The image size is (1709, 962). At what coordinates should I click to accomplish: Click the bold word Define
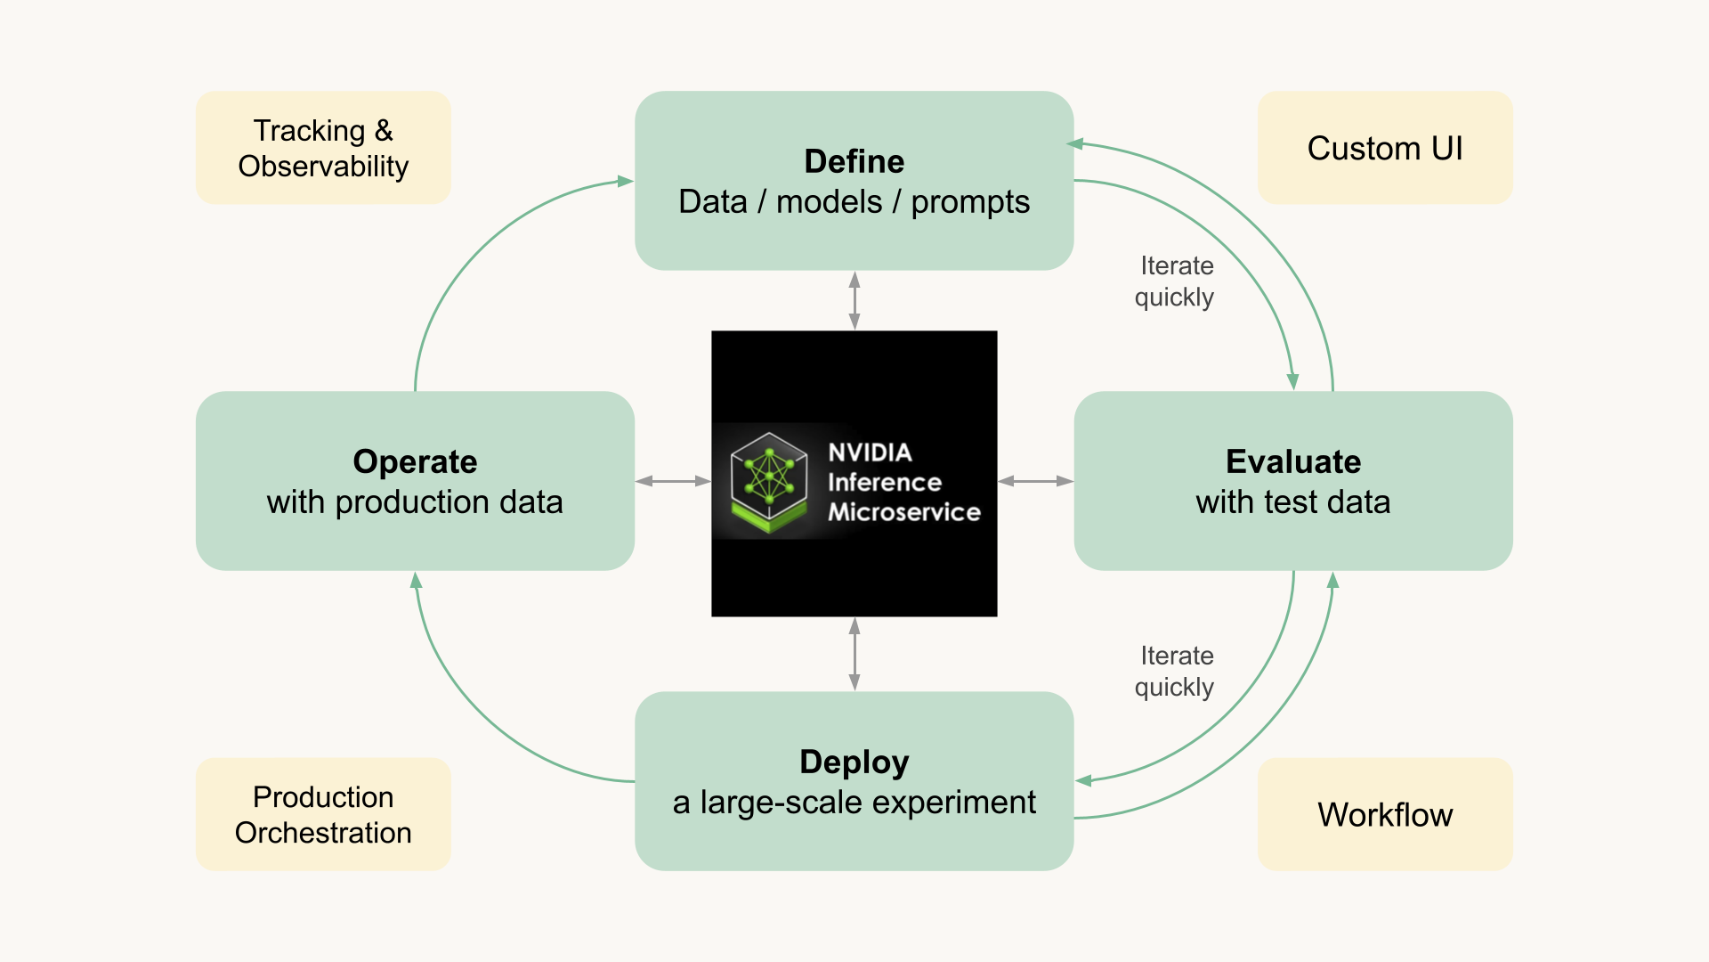point(854,161)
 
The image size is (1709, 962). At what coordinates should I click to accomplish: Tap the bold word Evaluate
point(1293,461)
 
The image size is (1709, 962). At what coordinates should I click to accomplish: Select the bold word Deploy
point(854,762)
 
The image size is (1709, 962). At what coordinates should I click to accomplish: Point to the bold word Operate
point(415,462)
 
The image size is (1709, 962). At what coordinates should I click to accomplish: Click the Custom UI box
point(1385,147)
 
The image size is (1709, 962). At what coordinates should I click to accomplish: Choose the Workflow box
point(1385,814)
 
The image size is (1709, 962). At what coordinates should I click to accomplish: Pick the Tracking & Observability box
point(323,147)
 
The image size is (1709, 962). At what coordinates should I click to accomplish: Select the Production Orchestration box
point(323,814)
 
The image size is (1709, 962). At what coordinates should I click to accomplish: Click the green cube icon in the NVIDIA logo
point(769,481)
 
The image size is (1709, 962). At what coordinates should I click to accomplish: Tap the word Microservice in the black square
point(903,512)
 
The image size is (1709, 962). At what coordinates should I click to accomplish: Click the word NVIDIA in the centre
point(870,452)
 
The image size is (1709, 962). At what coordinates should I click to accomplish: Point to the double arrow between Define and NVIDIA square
point(854,301)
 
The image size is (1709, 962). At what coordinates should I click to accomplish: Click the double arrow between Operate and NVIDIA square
point(673,481)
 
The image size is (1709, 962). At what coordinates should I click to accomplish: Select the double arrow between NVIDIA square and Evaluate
point(1035,481)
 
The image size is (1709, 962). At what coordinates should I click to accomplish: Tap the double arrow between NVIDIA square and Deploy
point(854,654)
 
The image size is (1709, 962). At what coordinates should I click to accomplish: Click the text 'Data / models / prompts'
point(854,202)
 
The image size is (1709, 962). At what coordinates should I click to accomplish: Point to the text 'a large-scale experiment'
point(854,803)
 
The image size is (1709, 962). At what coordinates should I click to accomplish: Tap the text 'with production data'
point(415,502)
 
